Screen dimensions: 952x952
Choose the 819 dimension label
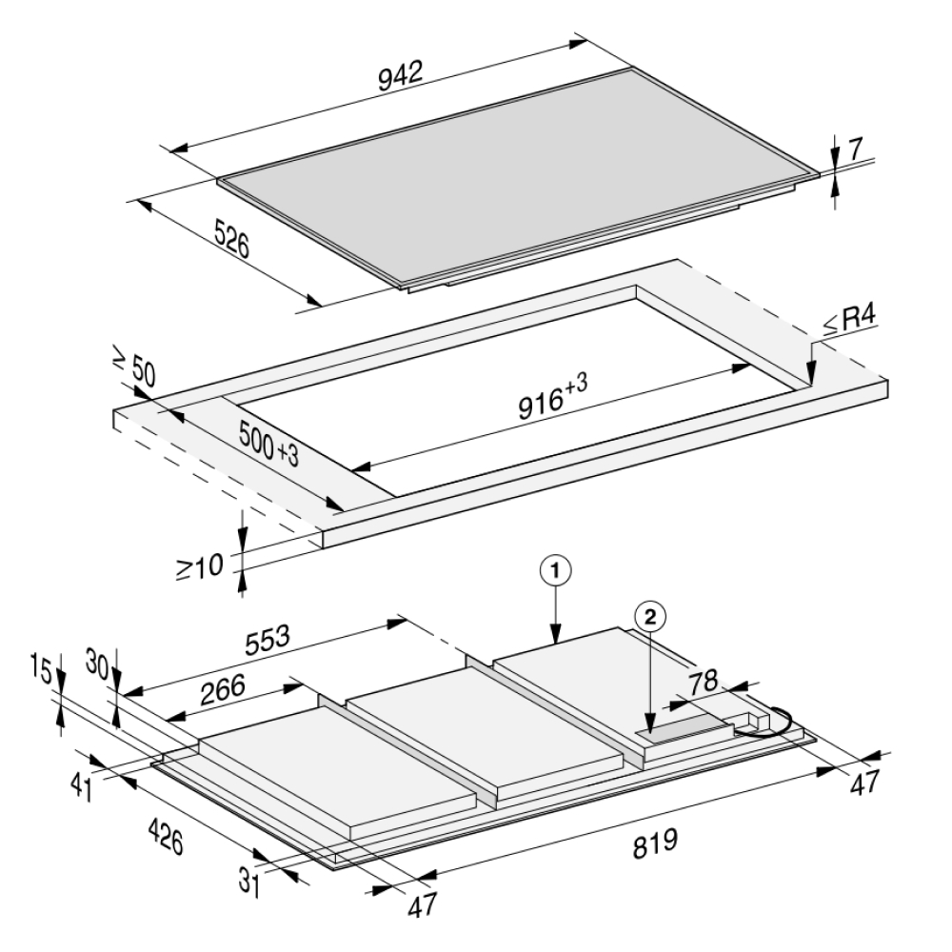tap(656, 842)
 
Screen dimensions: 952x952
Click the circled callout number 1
tap(557, 570)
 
